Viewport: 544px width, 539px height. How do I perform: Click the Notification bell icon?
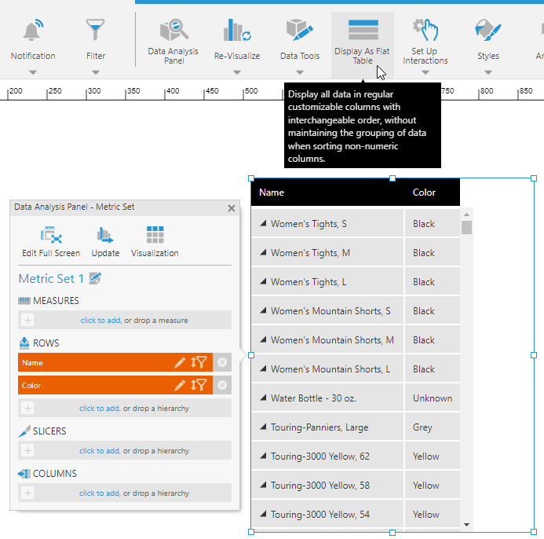pyautogui.click(x=33, y=30)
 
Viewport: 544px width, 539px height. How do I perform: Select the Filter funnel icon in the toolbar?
pyautogui.click(x=96, y=30)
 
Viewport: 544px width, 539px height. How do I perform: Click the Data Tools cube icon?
pyautogui.click(x=300, y=30)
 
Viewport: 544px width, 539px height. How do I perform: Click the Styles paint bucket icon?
pyautogui.click(x=487, y=30)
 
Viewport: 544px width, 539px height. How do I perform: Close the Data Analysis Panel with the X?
pyautogui.click(x=232, y=208)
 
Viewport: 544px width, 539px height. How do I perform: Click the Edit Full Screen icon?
pyautogui.click(x=51, y=234)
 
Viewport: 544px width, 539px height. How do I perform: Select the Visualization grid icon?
pyautogui.click(x=155, y=234)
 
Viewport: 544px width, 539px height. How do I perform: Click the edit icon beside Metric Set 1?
pyautogui.click(x=95, y=278)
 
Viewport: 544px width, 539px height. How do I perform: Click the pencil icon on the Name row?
pyautogui.click(x=180, y=362)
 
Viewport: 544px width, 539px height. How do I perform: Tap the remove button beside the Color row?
pyautogui.click(x=222, y=385)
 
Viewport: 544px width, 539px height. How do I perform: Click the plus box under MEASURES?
pyautogui.click(x=27, y=320)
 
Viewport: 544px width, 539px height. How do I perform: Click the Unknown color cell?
pyautogui.click(x=433, y=398)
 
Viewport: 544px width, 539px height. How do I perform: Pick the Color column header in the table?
pyautogui.click(x=424, y=192)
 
